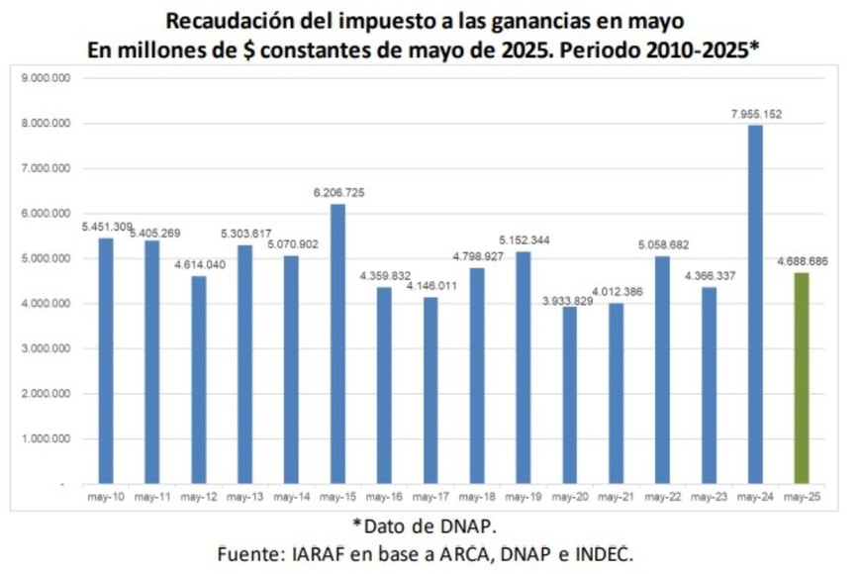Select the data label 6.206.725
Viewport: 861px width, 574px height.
[338, 193]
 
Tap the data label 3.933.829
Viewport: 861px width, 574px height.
[570, 301]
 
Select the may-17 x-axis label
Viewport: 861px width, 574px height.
[430, 495]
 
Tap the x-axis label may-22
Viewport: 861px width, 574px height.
[662, 495]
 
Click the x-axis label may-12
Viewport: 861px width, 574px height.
[199, 495]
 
